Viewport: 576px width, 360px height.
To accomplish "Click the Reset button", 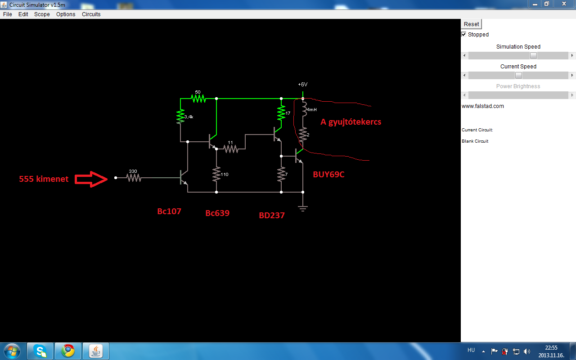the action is point(471,24).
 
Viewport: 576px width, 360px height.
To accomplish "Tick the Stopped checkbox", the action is point(463,35).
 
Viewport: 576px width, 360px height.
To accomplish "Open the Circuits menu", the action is point(91,14).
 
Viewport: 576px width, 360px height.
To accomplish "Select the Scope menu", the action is point(42,14).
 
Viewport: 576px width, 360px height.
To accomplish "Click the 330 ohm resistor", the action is point(134,178).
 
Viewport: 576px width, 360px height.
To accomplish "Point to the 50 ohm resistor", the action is point(198,99).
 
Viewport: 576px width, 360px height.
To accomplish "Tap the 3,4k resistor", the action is point(180,117).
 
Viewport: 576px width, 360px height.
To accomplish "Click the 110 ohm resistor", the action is point(216,174).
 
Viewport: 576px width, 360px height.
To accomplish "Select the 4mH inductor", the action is point(304,109).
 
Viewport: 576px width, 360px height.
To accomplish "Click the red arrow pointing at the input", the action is point(91,179).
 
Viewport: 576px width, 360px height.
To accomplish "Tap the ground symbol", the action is point(303,208).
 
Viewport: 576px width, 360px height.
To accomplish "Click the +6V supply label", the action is point(303,84).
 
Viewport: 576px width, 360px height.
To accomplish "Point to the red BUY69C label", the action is point(328,174).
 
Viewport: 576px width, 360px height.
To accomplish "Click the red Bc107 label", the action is point(169,211).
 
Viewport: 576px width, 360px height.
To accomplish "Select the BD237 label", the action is point(272,215).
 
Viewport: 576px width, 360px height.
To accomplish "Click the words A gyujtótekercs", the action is point(351,122).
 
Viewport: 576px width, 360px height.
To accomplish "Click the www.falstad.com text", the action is point(483,106).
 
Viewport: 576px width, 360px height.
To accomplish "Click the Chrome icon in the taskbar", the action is point(68,351).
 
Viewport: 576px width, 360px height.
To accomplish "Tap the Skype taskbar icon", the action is point(40,351).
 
